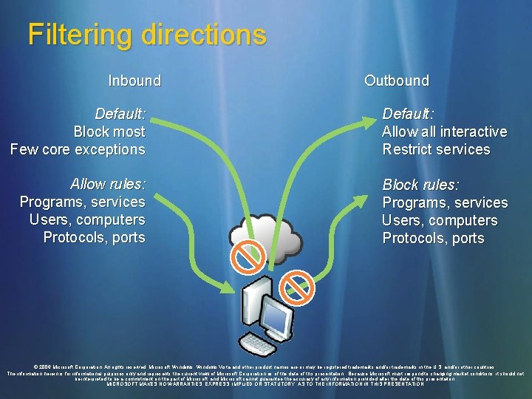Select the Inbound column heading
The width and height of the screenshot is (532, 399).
134,81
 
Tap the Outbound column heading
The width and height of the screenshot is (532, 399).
396,81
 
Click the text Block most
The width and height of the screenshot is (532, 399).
109,132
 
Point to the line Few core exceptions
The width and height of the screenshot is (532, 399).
78,149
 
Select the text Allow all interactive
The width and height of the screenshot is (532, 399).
444,132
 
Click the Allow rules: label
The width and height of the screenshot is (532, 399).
108,184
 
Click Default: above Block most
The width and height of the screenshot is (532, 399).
120,114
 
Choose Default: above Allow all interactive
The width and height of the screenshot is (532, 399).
407,114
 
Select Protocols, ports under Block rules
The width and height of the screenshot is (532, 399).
433,238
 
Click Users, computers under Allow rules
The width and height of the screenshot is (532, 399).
87,219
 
